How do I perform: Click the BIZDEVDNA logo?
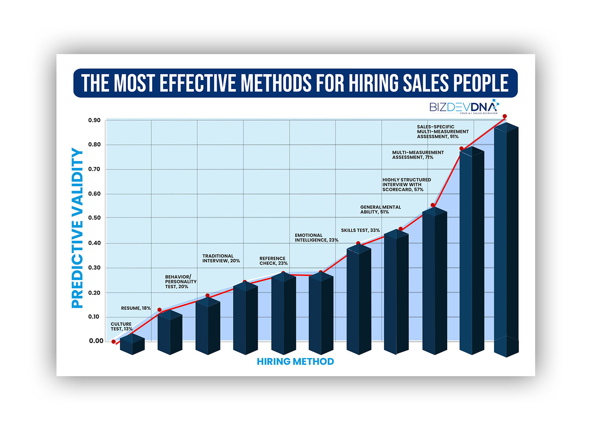click(464, 107)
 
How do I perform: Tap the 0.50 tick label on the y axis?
click(94, 217)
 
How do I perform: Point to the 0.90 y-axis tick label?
click(94, 120)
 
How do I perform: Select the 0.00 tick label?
click(96, 341)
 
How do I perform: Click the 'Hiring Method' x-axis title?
click(295, 361)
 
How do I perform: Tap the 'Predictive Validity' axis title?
click(77, 228)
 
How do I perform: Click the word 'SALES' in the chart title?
click(426, 83)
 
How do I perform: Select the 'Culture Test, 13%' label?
click(122, 326)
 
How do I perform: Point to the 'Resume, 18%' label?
click(136, 308)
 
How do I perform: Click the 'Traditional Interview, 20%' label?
click(221, 259)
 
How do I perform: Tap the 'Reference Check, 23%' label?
click(274, 261)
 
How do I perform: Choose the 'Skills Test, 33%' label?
click(360, 230)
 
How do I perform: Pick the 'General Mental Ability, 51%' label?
click(380, 209)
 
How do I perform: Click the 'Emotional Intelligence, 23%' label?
click(317, 238)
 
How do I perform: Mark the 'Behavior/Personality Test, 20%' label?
click(181, 282)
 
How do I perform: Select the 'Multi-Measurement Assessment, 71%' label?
click(418, 155)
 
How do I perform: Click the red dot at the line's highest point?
click(504, 116)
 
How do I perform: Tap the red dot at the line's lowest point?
click(114, 341)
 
